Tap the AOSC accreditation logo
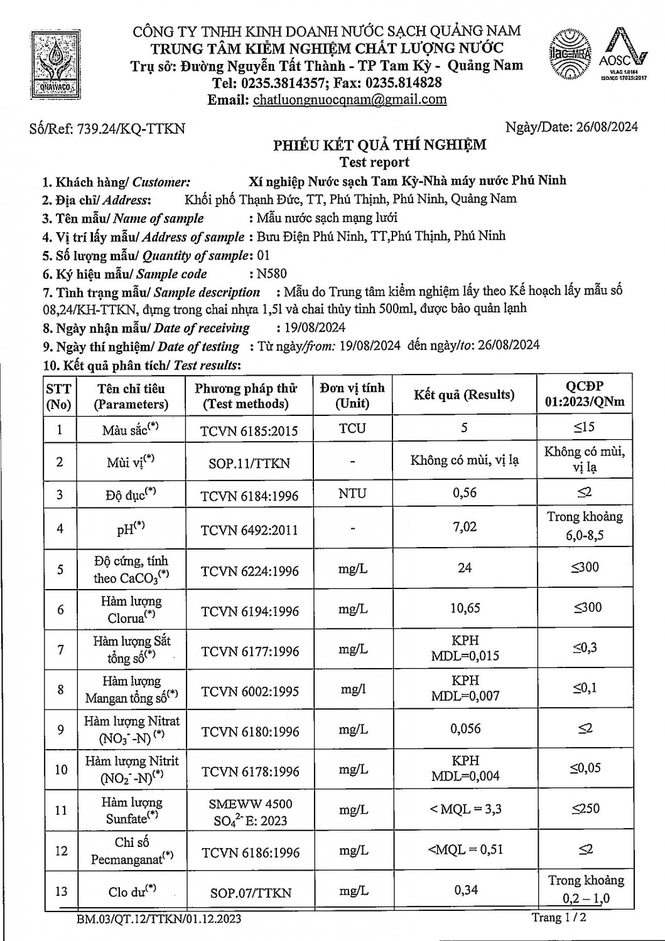(622, 55)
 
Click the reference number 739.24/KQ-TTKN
(131, 129)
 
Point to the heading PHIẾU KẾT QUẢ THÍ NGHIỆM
(379, 145)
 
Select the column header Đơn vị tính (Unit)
(352, 395)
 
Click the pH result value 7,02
(465, 527)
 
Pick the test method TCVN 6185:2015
(249, 430)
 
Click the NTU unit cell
(352, 494)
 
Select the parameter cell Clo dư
(132, 891)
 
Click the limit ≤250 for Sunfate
(585, 809)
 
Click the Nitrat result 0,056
(465, 729)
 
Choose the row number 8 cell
(60, 690)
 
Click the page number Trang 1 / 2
(560, 917)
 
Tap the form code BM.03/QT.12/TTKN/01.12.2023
(159, 920)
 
